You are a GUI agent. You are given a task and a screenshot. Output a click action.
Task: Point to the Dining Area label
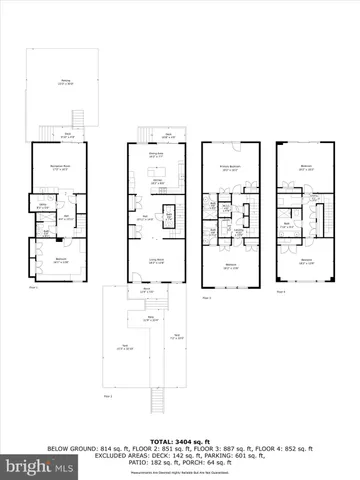(x=155, y=155)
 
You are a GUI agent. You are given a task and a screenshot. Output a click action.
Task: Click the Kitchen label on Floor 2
(x=157, y=182)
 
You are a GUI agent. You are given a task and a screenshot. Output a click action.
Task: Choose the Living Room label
(x=156, y=260)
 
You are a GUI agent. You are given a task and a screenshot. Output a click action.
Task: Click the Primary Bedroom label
(x=232, y=169)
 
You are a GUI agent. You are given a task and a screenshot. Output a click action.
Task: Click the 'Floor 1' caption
(x=33, y=286)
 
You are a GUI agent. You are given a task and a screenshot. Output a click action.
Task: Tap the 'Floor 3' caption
(x=207, y=297)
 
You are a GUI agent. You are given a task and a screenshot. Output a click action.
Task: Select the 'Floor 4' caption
(x=280, y=292)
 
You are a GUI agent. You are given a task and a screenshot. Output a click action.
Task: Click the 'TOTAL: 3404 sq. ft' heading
(x=180, y=441)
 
